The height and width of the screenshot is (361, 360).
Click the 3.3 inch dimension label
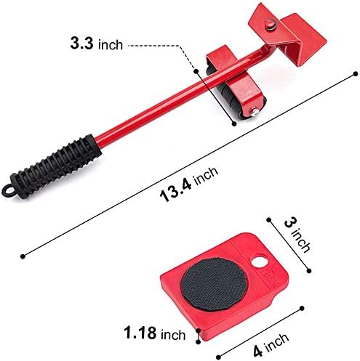[97, 44]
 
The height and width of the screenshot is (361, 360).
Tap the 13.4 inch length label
[189, 184]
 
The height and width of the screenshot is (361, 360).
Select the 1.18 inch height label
[155, 333]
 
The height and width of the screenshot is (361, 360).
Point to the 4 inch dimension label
[271, 344]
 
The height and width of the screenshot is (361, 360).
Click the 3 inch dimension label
[297, 235]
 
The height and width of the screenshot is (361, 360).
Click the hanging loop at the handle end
[7, 190]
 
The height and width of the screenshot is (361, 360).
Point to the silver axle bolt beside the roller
[255, 113]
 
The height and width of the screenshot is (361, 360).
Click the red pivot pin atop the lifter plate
[269, 25]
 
